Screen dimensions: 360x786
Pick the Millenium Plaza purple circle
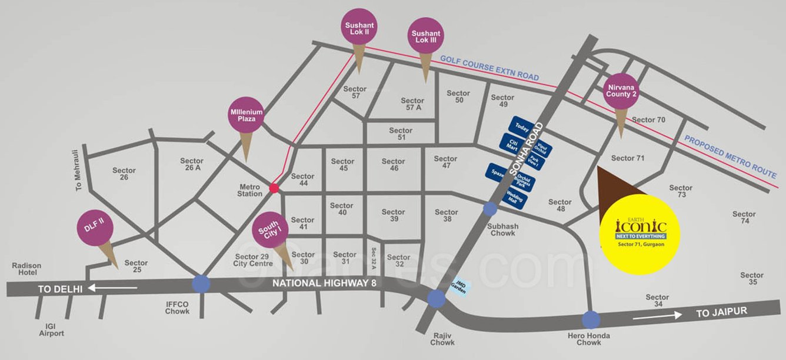tap(246, 115)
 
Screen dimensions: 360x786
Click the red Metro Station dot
tap(274, 188)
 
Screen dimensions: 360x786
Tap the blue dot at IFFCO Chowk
tap(201, 284)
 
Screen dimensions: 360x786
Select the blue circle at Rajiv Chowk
tap(436, 299)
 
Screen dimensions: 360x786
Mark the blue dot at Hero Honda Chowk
tap(591, 319)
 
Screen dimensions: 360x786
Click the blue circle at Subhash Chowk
tap(490, 209)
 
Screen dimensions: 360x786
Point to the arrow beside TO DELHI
tap(114, 288)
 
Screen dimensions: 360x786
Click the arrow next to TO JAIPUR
tap(658, 315)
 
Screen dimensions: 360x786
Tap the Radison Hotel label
tap(26, 269)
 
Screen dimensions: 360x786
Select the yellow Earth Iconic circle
tap(640, 234)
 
